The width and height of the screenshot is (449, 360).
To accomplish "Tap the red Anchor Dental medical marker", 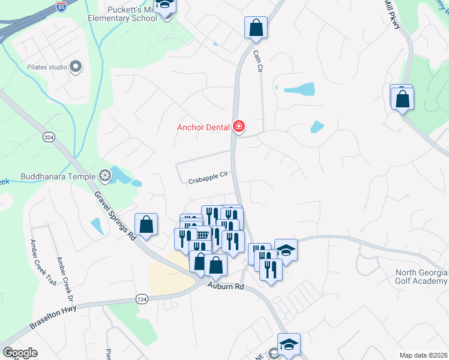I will pos(238,126).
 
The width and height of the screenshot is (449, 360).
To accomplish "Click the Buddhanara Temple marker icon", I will pos(105,176).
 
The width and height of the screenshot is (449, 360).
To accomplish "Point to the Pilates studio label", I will pos(46,67).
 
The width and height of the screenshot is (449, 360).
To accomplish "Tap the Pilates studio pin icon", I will pos(76,67).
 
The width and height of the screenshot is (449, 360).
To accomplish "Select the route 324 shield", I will pos(49,137).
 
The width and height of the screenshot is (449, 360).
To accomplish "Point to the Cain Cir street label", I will pos(258,62).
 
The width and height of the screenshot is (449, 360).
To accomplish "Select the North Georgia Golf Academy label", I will pos(421,277).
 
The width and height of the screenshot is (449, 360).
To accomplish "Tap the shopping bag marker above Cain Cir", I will pos(255,28).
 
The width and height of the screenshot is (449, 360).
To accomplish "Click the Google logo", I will pos(20,353).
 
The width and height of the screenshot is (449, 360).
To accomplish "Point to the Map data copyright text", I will pos(423,355).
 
